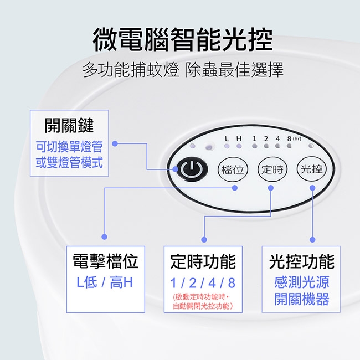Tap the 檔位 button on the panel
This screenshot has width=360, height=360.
click(233, 169)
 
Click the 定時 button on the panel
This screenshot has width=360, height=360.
click(272, 169)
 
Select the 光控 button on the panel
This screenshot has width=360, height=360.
click(312, 169)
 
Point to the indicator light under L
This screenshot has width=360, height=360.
click(227, 146)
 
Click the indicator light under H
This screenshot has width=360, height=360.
click(239, 146)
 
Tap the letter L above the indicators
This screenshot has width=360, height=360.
click(227, 138)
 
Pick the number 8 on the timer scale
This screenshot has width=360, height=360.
click(289, 138)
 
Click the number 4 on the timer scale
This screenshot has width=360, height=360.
click(278, 138)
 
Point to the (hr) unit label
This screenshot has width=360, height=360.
click(297, 138)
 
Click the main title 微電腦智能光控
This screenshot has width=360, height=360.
click(183, 39)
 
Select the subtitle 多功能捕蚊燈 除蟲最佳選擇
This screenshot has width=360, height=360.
click(183, 70)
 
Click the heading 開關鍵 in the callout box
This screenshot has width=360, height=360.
click(69, 125)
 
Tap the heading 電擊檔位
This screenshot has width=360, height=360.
click(106, 261)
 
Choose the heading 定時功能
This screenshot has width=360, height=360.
click(203, 261)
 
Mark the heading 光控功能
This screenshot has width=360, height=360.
click(301, 261)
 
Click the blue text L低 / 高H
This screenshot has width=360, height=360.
click(105, 282)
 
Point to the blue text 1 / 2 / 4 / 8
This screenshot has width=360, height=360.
click(203, 283)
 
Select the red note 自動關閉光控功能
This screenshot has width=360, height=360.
click(203, 306)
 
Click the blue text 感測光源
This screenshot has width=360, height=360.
click(301, 282)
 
